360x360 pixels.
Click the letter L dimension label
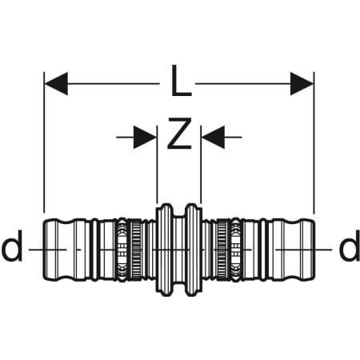tap(182, 81)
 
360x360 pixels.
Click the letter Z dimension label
tap(179, 134)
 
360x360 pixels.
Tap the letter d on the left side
tap(12, 246)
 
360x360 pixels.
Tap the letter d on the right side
tap(350, 246)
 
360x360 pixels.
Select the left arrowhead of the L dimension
tap(56, 83)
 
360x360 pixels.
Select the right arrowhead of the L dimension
tap(302, 83)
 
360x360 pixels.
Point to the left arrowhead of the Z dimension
tap(145, 138)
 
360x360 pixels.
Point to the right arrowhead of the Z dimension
tap(213, 138)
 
